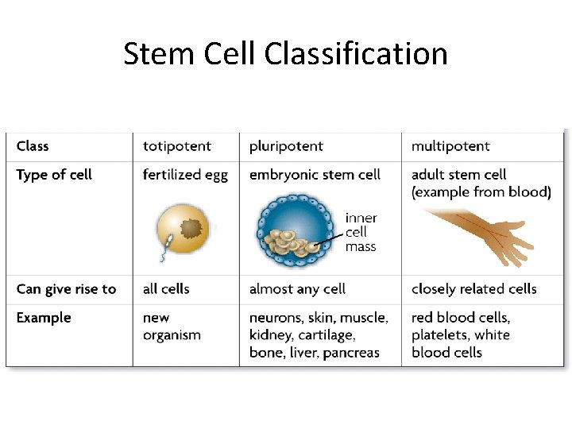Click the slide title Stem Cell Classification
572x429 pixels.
coord(285,54)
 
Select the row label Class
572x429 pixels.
coord(33,146)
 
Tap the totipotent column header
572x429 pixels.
coord(176,146)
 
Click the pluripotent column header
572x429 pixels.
coord(286,146)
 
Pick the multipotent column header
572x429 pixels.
coord(450,146)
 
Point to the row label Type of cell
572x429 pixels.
coord(54,175)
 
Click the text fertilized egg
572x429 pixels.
coord(185,175)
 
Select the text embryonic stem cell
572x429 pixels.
coord(315,175)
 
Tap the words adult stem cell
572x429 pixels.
coord(458,175)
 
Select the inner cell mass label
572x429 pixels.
coord(361,232)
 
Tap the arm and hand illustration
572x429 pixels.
coord(477,234)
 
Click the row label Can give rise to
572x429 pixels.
coord(66,289)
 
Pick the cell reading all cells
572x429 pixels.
coord(166,289)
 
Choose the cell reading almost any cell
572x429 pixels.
coord(297,289)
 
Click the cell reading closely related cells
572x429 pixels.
coord(473,289)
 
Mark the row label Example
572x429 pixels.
coord(44,318)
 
